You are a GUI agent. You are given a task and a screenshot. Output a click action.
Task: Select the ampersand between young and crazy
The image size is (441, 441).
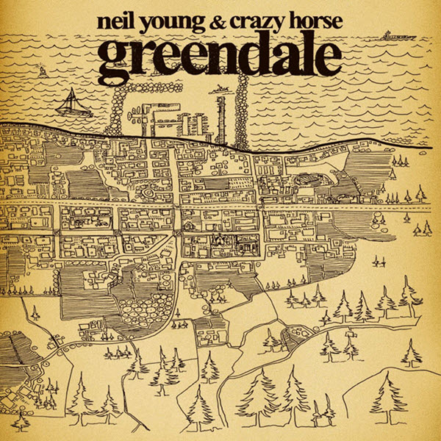[217, 21]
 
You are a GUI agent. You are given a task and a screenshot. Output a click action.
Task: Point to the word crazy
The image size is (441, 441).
[257, 22]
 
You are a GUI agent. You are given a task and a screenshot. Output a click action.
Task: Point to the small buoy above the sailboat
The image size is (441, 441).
[43, 73]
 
